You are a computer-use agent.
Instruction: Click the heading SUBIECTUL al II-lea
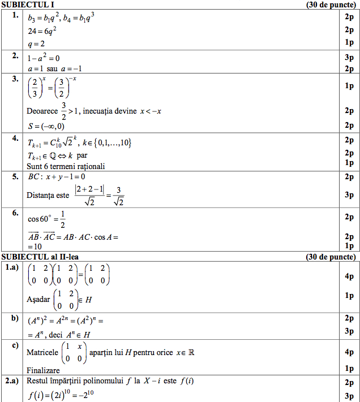40,257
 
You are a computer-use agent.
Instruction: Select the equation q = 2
36,44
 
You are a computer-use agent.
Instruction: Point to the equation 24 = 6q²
42,30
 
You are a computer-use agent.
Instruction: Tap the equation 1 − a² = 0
42,57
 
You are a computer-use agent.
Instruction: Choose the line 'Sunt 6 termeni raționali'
66,166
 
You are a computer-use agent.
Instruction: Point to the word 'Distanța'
40,196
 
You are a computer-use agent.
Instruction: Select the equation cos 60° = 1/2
47,217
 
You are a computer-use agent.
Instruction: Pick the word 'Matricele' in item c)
42,352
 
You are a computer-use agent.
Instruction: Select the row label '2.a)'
12,381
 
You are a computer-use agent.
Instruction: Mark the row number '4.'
15,138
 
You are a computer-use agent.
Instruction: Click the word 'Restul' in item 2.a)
38,381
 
